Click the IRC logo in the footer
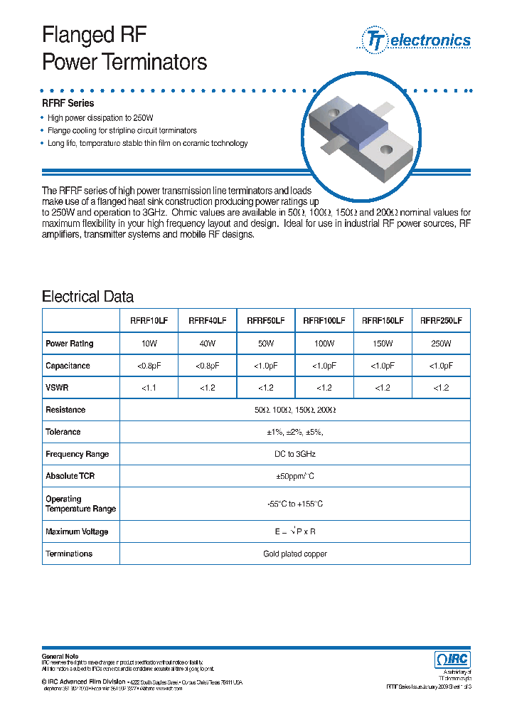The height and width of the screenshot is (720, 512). pos(452,660)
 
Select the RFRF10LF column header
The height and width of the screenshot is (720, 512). pos(149,321)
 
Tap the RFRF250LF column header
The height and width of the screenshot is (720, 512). pos(441,321)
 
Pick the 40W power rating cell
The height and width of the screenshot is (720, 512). pos(208,344)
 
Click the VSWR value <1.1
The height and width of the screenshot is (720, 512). pos(149,388)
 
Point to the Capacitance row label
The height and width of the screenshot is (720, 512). pos(68,366)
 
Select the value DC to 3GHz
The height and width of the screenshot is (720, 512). pos(294,454)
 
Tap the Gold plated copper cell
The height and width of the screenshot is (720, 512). pos(294,554)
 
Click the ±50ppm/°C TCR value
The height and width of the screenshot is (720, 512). pos(294,476)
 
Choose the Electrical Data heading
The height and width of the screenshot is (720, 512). pos(87,297)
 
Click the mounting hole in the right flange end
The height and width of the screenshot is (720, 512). pos(388,150)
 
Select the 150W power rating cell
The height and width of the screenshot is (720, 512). pos(383,344)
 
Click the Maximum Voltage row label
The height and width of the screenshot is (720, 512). pos(77,531)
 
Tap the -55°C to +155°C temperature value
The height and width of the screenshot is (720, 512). pos(294,504)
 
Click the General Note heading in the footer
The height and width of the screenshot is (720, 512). pos(60,656)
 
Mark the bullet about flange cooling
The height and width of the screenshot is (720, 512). pos(122,131)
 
